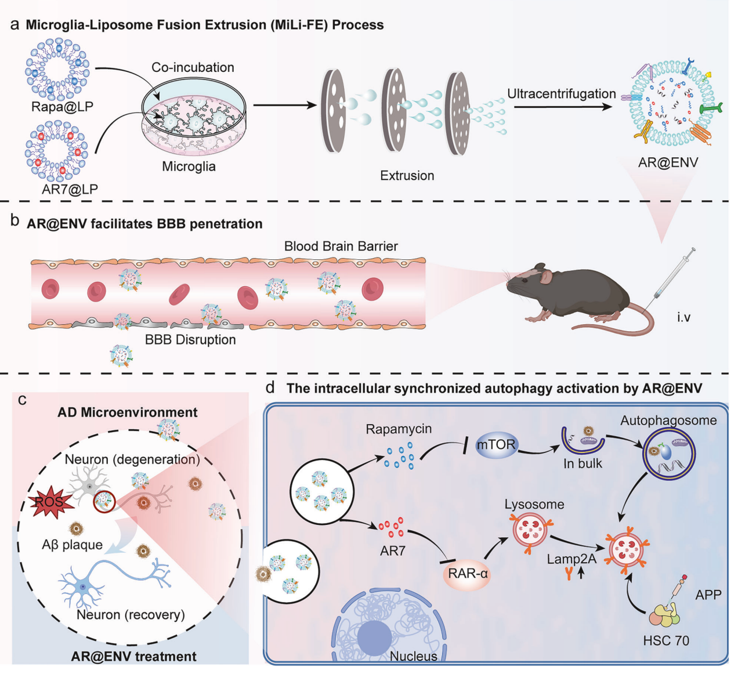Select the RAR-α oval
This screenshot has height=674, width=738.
[x=468, y=574]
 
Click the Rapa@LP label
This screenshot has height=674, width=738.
[x=62, y=107]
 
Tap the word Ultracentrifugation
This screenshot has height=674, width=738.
[x=561, y=94]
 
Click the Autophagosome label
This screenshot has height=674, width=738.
[x=668, y=421]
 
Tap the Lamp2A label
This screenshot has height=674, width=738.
[x=571, y=559]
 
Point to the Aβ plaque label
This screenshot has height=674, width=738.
[x=72, y=545]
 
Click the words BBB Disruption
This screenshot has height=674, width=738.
[x=190, y=340]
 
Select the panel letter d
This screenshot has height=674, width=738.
[x=270, y=387]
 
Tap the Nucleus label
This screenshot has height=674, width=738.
[x=413, y=656]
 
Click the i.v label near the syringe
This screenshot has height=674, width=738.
[x=683, y=317]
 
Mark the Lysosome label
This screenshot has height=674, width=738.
[x=534, y=504]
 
